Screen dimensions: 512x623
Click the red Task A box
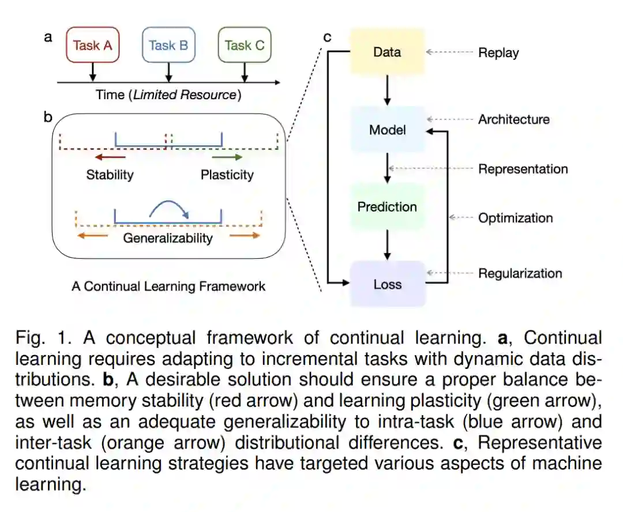[93, 46]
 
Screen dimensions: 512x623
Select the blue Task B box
[168, 46]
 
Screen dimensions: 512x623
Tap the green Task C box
[245, 46]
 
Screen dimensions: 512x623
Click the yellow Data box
[387, 52]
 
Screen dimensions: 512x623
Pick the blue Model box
[387, 130]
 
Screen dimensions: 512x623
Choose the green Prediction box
[387, 206]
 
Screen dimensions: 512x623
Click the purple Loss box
[387, 284]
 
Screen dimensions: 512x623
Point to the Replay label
[498, 52]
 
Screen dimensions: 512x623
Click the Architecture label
[513, 119]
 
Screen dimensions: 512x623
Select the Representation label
[523, 169]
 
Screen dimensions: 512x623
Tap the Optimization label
[515, 218]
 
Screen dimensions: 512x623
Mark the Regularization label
[520, 273]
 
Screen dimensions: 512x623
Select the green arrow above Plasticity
[227, 157]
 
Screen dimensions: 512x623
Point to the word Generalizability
[168, 238]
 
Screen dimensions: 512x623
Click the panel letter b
[48, 118]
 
